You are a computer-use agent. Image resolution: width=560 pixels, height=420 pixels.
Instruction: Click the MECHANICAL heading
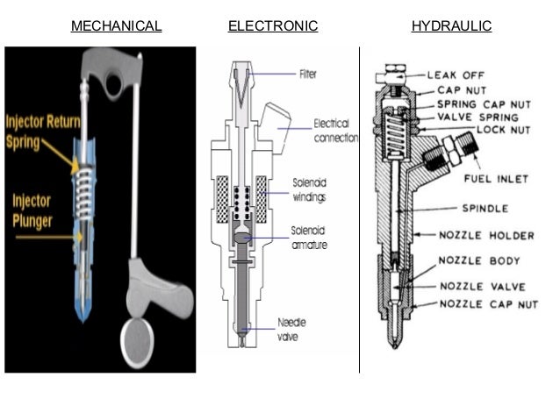(x=116, y=26)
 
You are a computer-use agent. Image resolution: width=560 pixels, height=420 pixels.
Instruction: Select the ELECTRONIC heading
(x=272, y=26)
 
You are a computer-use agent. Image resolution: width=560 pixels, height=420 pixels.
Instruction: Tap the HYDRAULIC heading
(x=451, y=26)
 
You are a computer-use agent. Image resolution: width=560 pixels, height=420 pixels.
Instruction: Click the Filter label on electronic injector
(x=308, y=75)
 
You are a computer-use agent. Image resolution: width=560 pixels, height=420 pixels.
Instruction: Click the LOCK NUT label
(x=502, y=129)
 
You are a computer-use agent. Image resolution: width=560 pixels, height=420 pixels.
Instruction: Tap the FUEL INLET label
(x=495, y=179)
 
